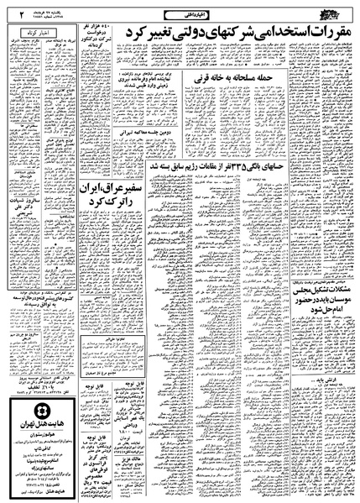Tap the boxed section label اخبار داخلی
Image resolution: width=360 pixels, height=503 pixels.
coord(187,12)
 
